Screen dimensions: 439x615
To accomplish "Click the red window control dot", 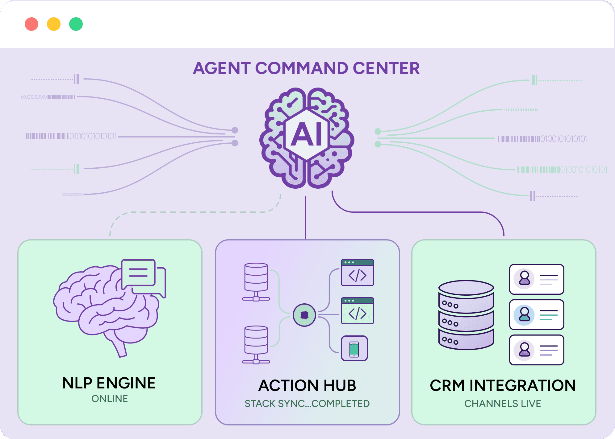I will click(31, 24).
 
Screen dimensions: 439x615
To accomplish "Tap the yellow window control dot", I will click(54, 24).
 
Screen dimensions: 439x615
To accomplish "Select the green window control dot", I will click(76, 24).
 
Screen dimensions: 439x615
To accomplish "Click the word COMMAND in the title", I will click(302, 68).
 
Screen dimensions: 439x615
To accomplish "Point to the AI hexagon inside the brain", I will click(307, 134).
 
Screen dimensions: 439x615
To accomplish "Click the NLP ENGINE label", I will click(109, 383).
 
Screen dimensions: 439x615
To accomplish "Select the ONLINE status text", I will click(110, 399).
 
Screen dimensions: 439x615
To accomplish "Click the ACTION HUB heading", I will click(307, 385).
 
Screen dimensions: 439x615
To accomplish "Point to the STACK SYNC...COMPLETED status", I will click(307, 404).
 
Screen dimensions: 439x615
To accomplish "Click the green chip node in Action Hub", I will click(304, 315).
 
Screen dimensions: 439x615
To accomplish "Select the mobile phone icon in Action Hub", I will click(354, 348).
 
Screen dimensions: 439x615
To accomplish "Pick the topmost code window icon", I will click(357, 273).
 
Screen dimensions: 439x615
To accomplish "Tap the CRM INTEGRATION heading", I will click(503, 385).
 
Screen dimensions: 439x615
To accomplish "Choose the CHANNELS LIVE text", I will click(503, 404).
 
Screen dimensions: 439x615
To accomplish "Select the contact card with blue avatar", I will click(537, 315).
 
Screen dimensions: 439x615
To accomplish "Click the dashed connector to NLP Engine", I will click(191, 212).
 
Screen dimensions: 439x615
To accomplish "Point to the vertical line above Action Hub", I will click(306, 217).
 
